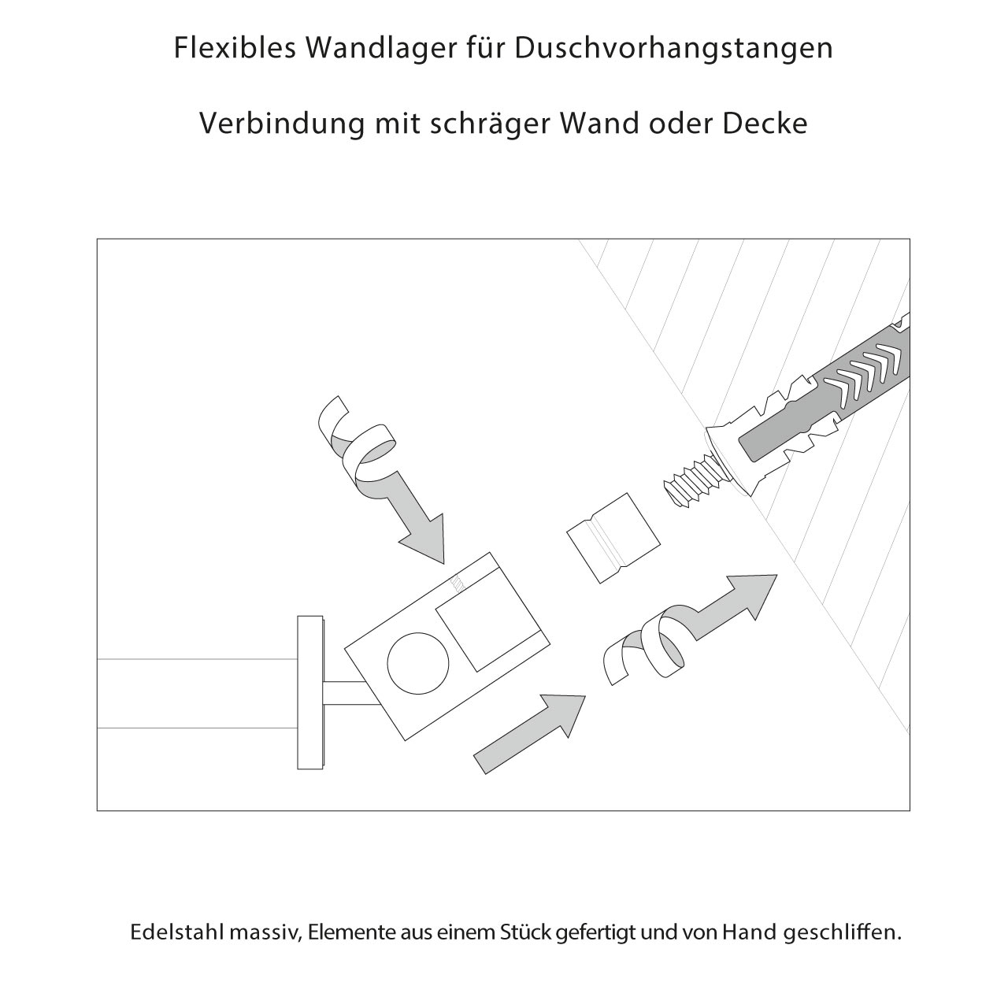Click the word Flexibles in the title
[x=233, y=49]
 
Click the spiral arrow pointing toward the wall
[x=685, y=630]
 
